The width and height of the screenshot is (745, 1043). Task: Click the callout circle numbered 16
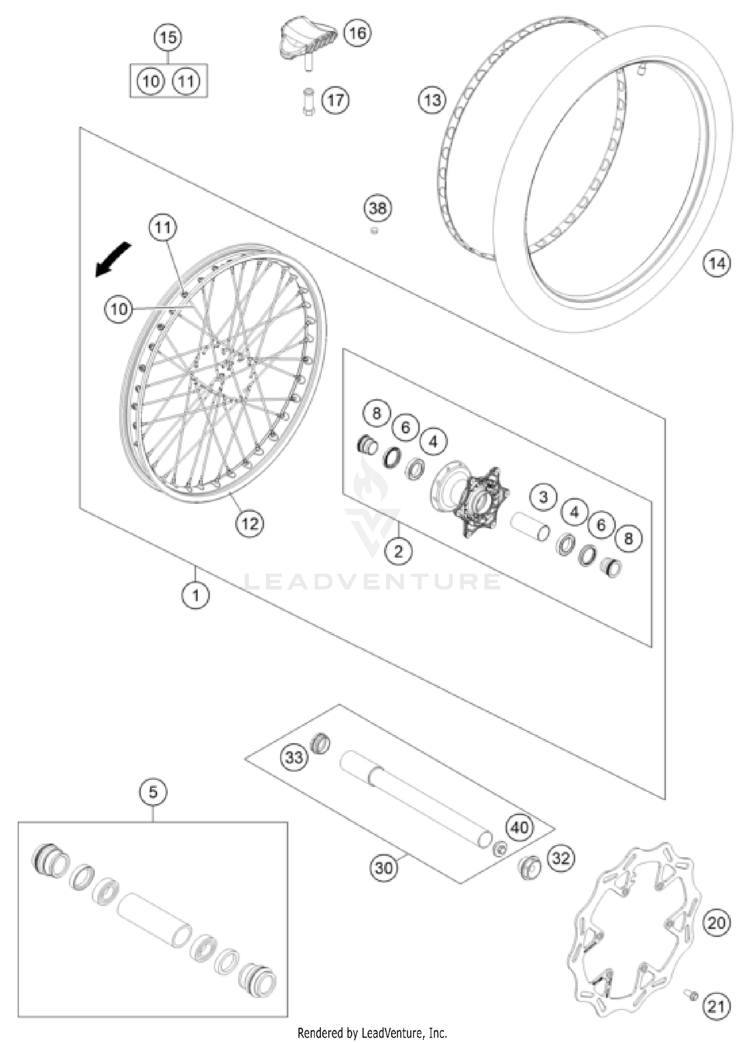coord(357,33)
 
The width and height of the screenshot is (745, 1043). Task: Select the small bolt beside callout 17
coord(308,101)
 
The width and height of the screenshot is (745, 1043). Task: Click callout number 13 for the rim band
coord(432,100)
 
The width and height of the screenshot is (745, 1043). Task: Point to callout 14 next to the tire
coord(717,263)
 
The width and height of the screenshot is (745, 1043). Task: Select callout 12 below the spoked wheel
coord(250,523)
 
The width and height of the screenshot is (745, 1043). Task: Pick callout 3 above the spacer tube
coord(543,497)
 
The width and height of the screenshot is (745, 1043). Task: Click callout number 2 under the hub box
coord(398,551)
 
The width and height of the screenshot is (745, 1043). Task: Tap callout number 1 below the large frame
coord(195,595)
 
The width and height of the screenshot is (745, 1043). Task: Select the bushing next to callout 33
coord(320,744)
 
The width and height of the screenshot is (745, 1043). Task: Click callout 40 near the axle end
coord(520,828)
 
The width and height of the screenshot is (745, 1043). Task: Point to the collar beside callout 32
coord(529,868)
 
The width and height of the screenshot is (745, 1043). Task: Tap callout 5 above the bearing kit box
coord(153,791)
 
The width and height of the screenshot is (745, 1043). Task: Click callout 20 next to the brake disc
coord(716,923)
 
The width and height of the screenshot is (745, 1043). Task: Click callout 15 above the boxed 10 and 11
coord(168,37)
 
